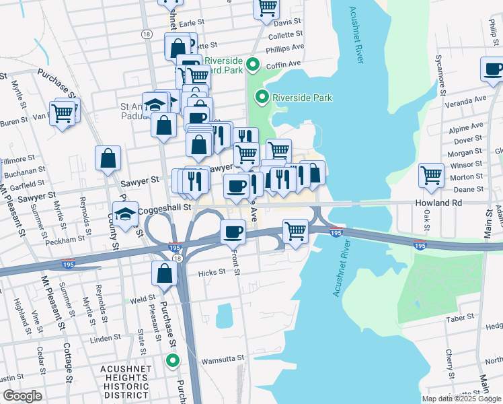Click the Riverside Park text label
tap(303, 98)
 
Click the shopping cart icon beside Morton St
tap(431, 176)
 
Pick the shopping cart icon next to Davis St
tap(267, 8)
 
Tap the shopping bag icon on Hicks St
tap(165, 274)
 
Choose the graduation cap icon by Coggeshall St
tap(126, 213)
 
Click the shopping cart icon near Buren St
tap(62, 113)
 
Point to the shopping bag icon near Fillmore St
tap(108, 160)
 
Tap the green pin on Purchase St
tap(173, 361)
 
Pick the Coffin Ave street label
tap(283, 65)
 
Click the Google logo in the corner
tap(22, 396)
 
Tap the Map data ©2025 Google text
tap(461, 399)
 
